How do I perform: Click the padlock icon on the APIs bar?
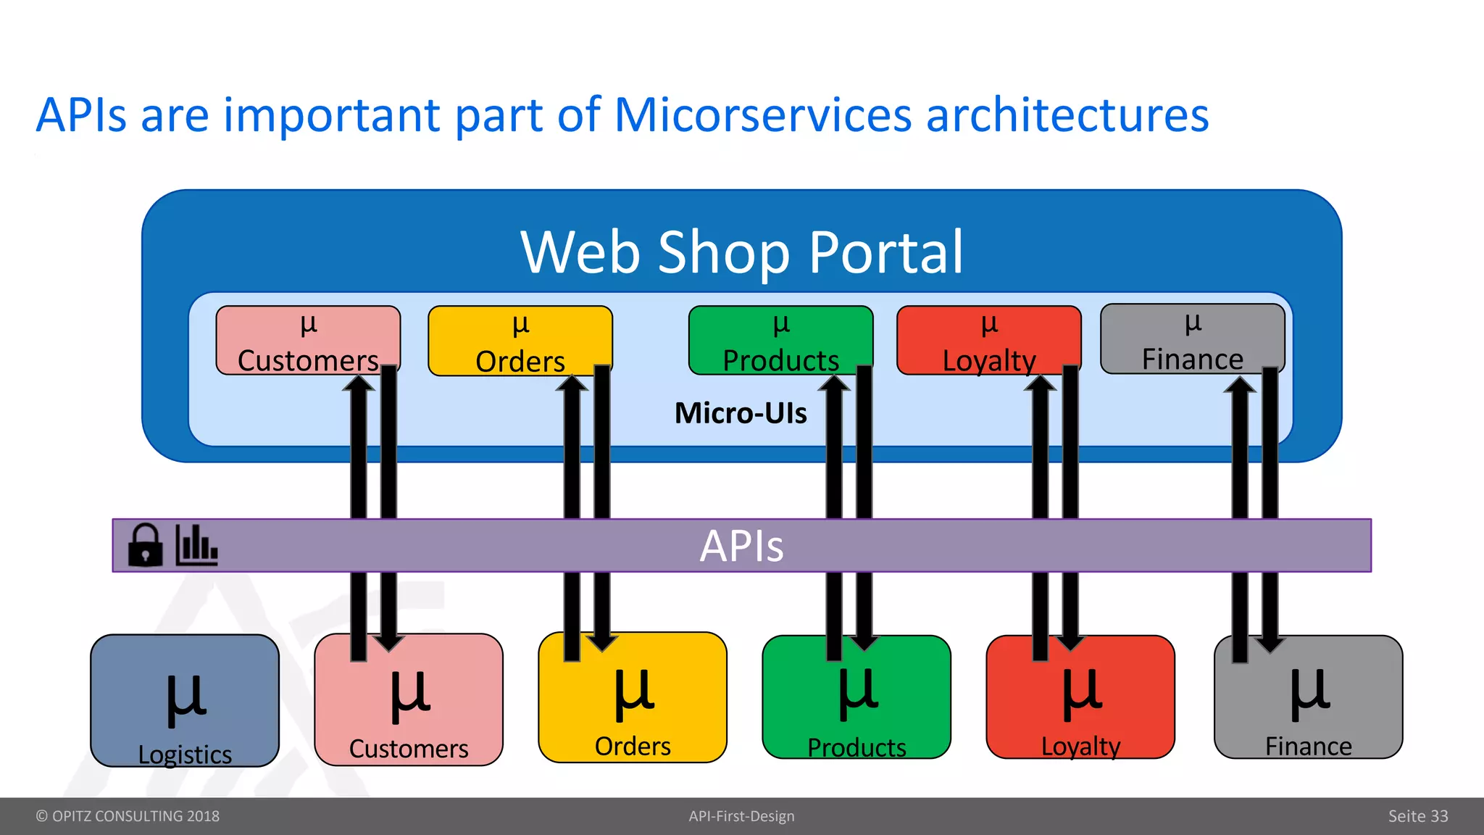[x=145, y=545]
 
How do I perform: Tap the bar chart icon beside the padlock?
[x=196, y=545]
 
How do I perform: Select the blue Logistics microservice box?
[x=184, y=700]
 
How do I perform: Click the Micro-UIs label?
[x=740, y=413]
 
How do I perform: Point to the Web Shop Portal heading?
[x=742, y=252]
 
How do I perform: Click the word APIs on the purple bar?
[x=741, y=546]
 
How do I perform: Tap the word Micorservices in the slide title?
[x=762, y=115]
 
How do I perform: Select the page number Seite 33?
[x=1417, y=816]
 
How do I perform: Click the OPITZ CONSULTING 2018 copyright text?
[x=128, y=816]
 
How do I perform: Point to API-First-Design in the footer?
[x=741, y=816]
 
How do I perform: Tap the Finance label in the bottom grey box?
[x=1308, y=746]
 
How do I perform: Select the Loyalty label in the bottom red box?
[x=1080, y=746]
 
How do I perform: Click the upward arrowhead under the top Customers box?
[x=359, y=383]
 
